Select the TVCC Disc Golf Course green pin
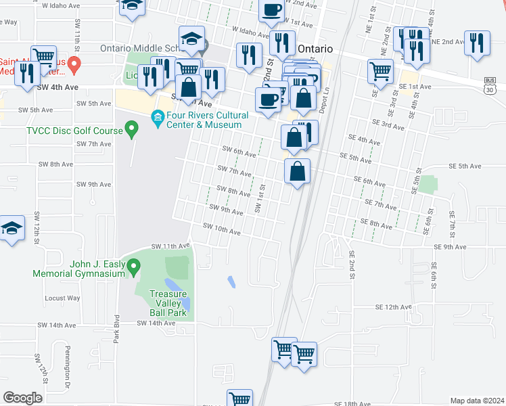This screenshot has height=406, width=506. coord(133,127)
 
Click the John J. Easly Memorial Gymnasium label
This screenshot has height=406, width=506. coord(79,269)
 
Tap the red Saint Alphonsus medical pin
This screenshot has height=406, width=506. coord(75,64)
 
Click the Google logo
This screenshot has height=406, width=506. coord(22,398)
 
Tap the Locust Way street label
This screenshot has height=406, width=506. coord(62,298)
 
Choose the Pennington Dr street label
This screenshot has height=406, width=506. coord(68,378)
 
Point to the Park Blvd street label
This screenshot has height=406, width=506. coord(117,329)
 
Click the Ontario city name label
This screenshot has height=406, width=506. coord(315,49)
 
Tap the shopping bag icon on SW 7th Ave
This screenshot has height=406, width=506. coord(297,172)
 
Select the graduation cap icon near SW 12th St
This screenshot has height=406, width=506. coord(11,229)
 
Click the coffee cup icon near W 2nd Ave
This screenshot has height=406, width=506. coord(272,10)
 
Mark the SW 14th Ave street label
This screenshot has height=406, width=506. coord(156,323)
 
